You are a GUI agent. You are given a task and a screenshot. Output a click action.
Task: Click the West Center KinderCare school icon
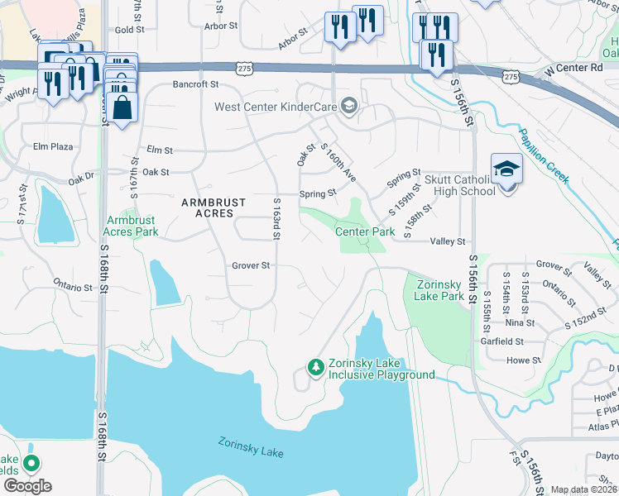(x=349, y=106)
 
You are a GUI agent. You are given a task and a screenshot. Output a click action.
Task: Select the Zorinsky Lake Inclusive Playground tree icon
(x=314, y=365)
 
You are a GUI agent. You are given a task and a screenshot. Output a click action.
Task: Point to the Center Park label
(x=364, y=232)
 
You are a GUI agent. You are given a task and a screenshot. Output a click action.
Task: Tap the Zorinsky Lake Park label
(x=433, y=290)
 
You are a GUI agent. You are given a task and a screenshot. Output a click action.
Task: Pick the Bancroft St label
(x=194, y=84)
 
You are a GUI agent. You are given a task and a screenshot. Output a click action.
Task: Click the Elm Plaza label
(x=53, y=146)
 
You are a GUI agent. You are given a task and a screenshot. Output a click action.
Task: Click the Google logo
(x=27, y=485)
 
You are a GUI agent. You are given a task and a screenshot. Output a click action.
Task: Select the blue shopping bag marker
(x=122, y=107)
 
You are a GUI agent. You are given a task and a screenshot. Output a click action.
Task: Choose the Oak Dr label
(x=82, y=177)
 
